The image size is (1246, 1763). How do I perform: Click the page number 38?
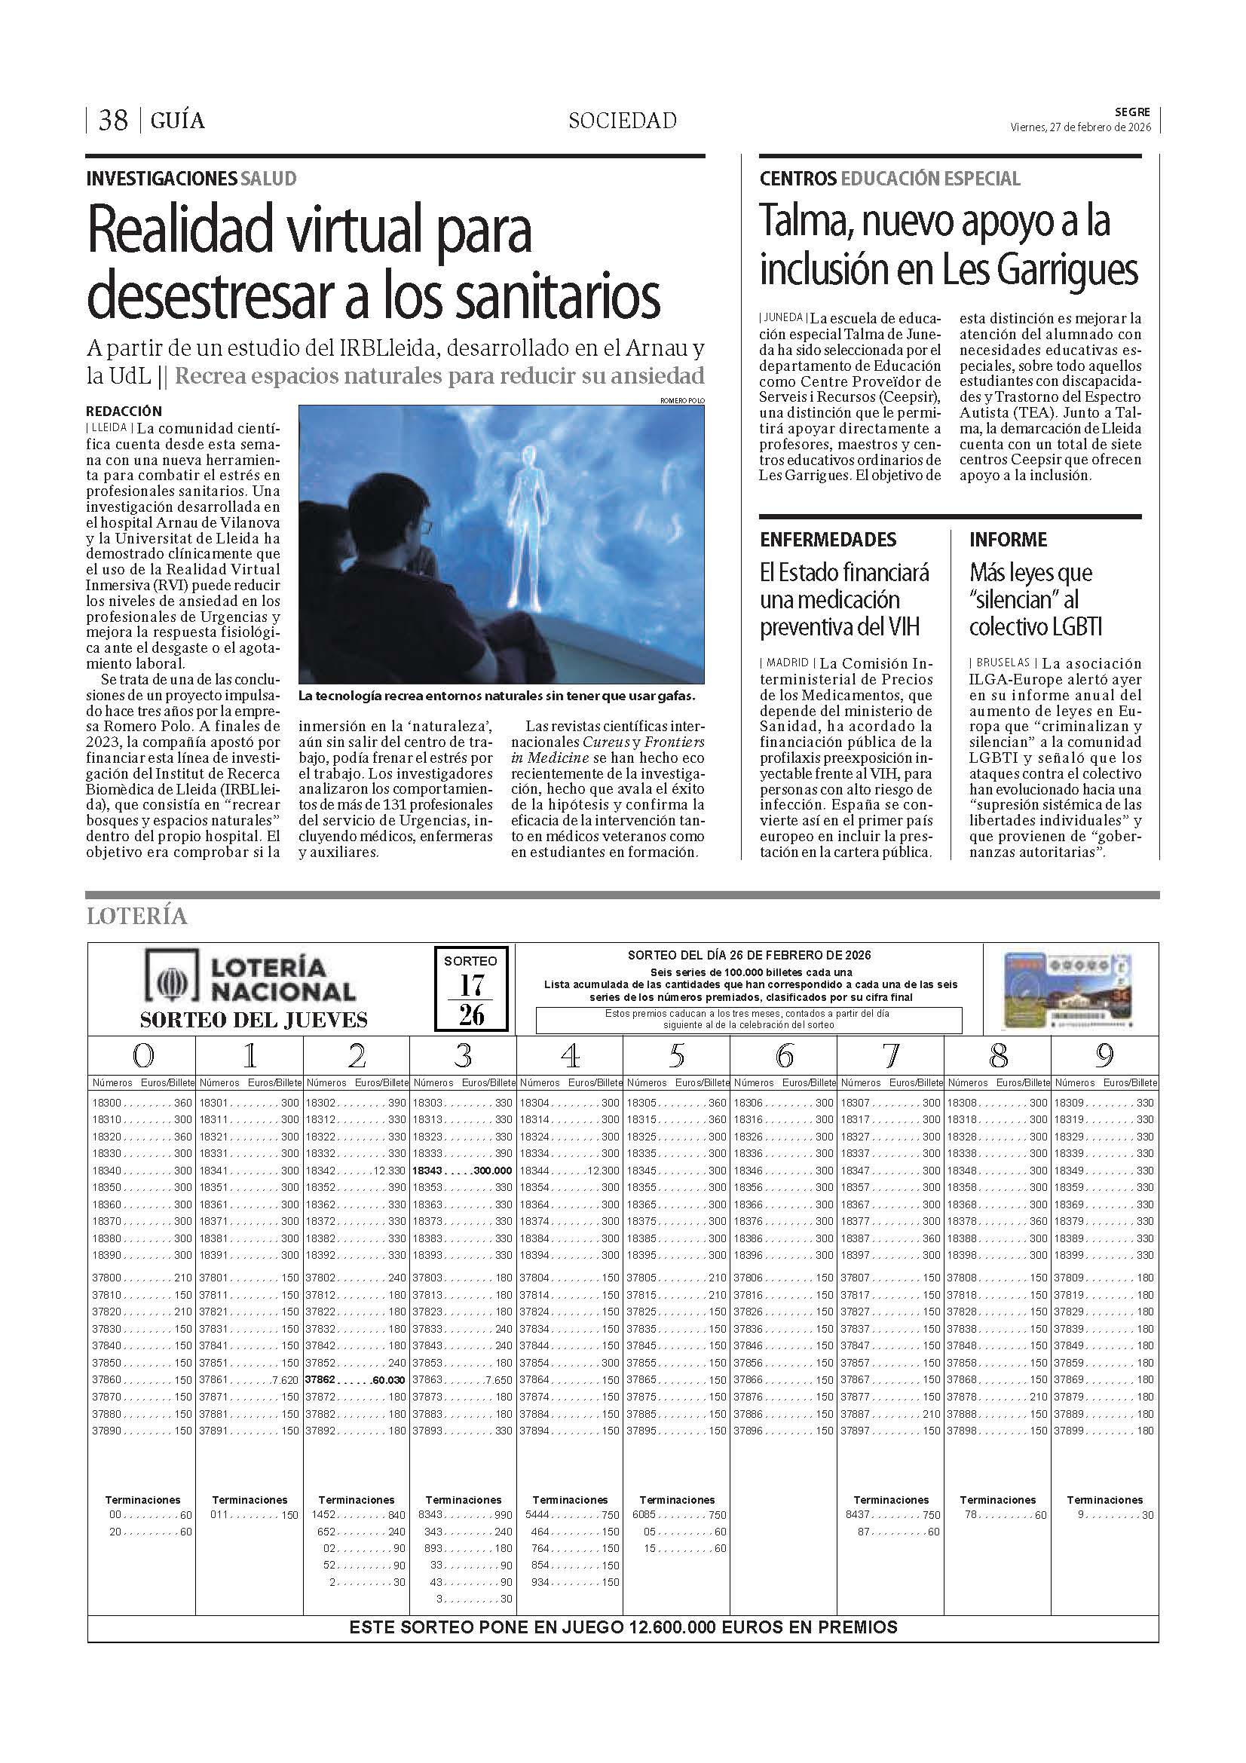(x=113, y=121)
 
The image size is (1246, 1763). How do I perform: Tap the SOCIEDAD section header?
(x=622, y=121)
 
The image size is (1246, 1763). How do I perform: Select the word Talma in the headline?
(x=804, y=222)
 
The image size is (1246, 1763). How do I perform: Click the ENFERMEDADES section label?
(x=828, y=540)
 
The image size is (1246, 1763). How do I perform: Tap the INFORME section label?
(x=1007, y=540)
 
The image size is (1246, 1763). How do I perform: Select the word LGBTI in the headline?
(x=1072, y=627)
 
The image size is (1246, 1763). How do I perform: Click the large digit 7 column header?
(x=890, y=1057)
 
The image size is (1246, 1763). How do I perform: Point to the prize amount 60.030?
(x=387, y=1380)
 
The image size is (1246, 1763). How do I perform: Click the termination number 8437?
(x=859, y=1515)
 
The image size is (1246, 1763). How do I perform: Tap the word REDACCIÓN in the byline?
(x=124, y=412)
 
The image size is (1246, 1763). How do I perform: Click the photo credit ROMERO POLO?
(x=681, y=400)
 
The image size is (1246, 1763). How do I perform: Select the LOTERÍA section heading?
(x=136, y=916)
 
